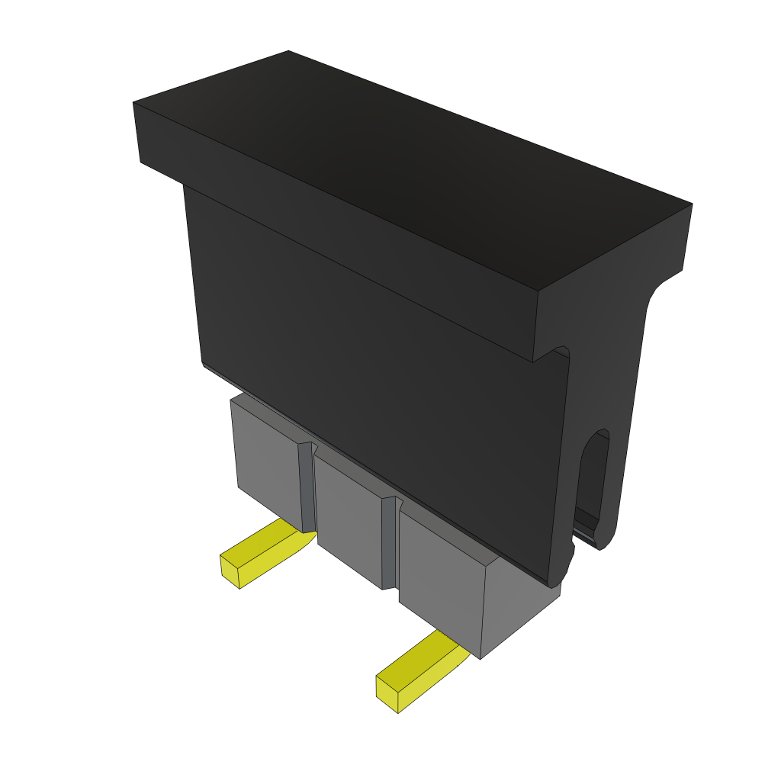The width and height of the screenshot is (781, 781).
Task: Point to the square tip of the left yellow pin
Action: [x=230, y=571]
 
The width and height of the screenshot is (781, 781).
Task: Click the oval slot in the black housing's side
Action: [x=594, y=480]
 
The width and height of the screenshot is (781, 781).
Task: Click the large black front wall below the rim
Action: [x=381, y=381]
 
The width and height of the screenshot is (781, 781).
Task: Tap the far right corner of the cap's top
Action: [x=691, y=204]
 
